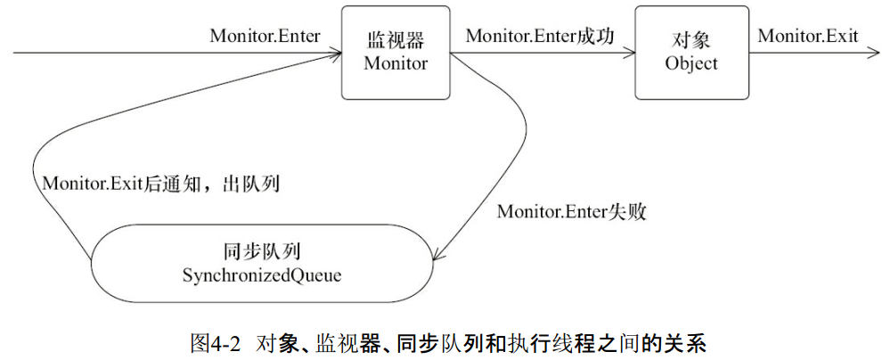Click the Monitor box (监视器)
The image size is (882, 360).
[396, 53]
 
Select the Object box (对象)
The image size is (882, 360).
[692, 53]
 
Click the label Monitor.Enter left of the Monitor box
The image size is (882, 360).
[265, 36]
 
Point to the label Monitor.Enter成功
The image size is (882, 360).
[539, 36]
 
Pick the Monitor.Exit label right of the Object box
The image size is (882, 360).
[808, 36]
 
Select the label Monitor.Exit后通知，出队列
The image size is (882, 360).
[161, 184]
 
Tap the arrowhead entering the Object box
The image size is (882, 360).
[630, 54]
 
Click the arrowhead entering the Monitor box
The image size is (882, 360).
[336, 54]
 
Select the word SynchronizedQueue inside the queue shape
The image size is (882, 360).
[262, 276]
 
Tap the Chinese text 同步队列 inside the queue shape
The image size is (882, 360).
[263, 250]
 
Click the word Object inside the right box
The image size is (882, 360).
[691, 63]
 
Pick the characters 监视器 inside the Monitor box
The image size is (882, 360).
[396, 41]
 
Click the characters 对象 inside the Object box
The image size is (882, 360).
[692, 41]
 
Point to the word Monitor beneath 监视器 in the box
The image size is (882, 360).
[396, 63]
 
